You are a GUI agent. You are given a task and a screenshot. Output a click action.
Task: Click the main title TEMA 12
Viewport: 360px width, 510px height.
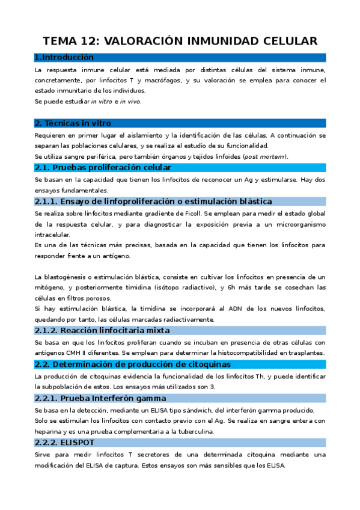tap(180, 41)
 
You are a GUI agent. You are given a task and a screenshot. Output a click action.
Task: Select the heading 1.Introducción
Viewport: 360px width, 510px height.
tap(64, 58)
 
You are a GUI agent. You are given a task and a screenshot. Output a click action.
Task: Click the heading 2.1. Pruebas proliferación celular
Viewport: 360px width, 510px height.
tap(103, 167)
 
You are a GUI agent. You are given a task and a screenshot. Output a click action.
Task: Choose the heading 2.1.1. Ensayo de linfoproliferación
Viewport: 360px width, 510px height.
tap(153, 201)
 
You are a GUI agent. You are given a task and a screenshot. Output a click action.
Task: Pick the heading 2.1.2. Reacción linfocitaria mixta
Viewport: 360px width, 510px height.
tap(102, 330)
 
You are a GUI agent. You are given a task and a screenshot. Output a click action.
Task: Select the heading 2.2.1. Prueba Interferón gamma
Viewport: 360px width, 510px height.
tap(100, 398)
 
